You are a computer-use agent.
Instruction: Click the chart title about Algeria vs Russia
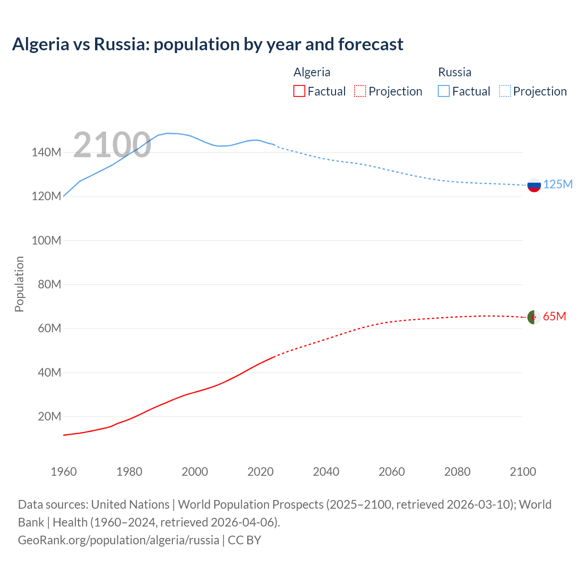[207, 44]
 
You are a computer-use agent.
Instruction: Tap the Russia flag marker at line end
[534, 185]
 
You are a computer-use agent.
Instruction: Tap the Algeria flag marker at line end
[534, 317]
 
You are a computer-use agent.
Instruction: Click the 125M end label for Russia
[558, 184]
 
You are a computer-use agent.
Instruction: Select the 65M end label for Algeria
[554, 316]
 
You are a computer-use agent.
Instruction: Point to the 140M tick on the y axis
[46, 152]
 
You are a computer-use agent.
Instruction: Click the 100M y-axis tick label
[46, 240]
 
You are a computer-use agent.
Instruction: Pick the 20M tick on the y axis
[49, 416]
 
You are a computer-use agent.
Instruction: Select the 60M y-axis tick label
[49, 328]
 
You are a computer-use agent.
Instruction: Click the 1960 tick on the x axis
[64, 472]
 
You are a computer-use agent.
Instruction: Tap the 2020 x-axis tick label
[260, 472]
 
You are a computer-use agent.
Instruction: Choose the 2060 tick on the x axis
[391, 472]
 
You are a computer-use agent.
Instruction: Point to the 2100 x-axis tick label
[522, 472]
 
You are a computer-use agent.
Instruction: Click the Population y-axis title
[19, 284]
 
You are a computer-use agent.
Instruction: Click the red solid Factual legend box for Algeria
[299, 91]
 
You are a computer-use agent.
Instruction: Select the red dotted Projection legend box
[360, 91]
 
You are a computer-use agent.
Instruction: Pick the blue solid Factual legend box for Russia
[443, 91]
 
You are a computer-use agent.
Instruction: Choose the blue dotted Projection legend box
[505, 91]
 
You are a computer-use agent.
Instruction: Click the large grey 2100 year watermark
[112, 145]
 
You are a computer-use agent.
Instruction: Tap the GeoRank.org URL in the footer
[118, 540]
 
